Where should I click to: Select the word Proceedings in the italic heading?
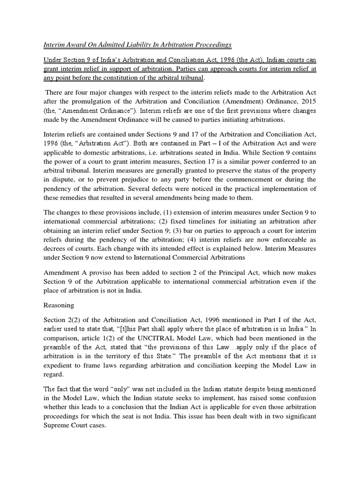[x=210, y=45]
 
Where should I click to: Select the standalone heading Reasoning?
[x=59, y=305]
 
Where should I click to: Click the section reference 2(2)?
[x=75, y=320]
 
